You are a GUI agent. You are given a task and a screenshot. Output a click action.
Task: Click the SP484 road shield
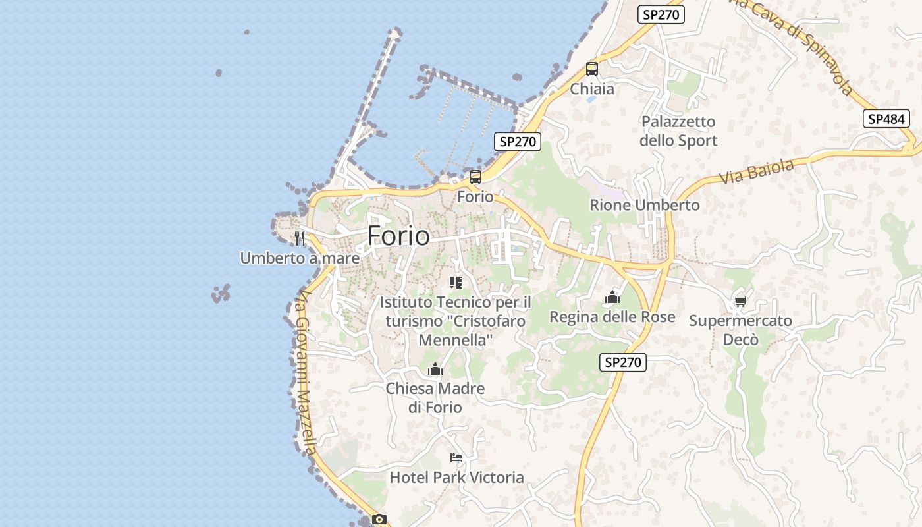(x=886, y=119)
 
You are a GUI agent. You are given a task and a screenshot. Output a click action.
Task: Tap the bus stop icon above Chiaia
(x=591, y=69)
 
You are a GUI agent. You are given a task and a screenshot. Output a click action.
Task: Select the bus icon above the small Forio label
(x=475, y=177)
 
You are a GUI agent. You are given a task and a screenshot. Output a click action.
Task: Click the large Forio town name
(x=398, y=236)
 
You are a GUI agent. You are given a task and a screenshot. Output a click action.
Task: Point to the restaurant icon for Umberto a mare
(x=300, y=238)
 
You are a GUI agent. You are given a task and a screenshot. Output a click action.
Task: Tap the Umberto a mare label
(x=300, y=258)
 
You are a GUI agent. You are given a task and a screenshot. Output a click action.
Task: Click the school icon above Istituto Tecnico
(x=456, y=283)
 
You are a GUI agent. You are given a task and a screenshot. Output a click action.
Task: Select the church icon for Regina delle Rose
(x=612, y=297)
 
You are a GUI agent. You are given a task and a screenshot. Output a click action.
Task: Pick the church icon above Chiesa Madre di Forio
(x=435, y=369)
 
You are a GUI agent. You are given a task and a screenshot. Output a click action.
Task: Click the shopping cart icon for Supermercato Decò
(x=740, y=301)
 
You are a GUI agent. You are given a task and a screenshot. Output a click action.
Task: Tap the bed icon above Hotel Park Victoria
(x=456, y=457)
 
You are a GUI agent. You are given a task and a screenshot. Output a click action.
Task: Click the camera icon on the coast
(x=379, y=519)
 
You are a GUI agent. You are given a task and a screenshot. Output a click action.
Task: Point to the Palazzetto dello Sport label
(x=678, y=131)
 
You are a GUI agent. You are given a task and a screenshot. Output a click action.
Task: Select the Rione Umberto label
(x=644, y=205)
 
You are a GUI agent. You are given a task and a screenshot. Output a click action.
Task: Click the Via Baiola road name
(x=756, y=172)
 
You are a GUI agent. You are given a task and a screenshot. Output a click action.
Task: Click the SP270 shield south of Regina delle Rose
(x=622, y=362)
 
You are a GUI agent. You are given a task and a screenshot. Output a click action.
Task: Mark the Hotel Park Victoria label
(x=456, y=477)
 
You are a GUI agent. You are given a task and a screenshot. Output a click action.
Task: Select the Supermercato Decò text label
(x=740, y=330)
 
